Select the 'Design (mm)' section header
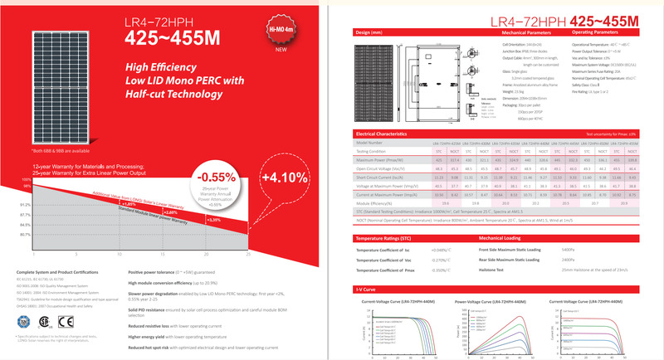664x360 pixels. point(369,32)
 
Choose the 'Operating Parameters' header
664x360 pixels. point(600,32)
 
